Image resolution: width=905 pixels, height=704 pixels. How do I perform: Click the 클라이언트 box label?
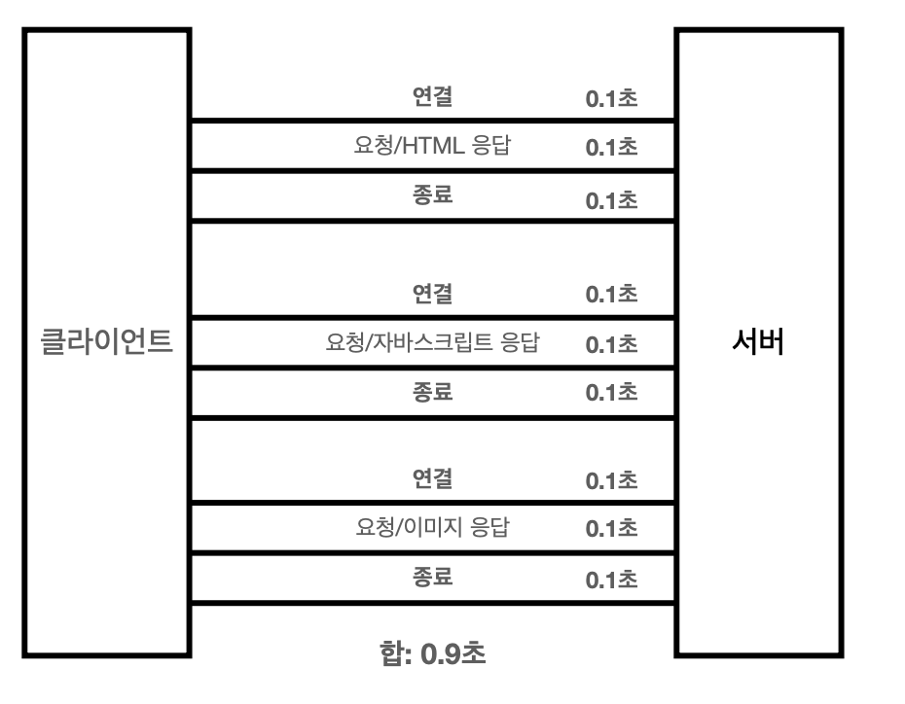tap(106, 341)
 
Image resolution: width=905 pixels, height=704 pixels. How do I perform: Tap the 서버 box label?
tap(758, 341)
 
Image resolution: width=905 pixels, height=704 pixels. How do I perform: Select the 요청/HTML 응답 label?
tap(432, 147)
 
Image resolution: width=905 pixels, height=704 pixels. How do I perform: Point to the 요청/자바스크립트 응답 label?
tap(432, 343)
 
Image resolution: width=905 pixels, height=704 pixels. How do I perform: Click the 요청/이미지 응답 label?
tap(432, 528)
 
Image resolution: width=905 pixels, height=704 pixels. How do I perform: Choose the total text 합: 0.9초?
tap(432, 652)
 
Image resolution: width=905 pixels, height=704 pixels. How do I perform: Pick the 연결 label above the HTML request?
tap(432, 97)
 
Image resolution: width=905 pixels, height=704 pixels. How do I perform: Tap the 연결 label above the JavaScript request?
tap(432, 293)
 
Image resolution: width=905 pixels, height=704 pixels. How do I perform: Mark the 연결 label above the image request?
tap(432, 478)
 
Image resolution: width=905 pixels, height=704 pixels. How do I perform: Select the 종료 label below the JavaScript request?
tap(432, 392)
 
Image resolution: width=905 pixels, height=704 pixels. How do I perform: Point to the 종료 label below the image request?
tap(432, 578)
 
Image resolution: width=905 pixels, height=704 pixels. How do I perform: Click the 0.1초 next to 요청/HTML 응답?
tap(611, 149)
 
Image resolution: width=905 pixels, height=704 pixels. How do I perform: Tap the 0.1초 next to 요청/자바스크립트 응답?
tap(611, 344)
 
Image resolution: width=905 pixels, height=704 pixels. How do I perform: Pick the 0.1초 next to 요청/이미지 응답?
tap(611, 529)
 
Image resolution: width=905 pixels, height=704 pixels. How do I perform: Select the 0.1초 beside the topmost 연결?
tap(611, 99)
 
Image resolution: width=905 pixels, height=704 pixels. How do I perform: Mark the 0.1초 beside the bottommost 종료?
tap(611, 580)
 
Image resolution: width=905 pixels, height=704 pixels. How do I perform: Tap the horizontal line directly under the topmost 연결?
tap(432, 122)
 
